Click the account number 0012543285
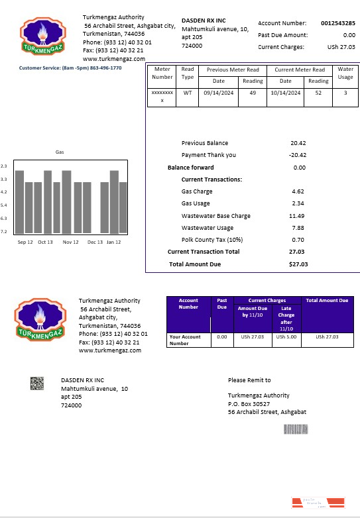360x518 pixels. point(337,23)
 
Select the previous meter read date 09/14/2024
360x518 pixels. point(218,93)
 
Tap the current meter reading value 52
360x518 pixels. point(318,93)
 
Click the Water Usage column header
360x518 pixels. point(345,73)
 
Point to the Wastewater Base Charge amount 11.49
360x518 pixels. point(297,216)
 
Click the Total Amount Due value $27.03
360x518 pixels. point(298,264)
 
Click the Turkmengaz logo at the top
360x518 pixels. point(44,38)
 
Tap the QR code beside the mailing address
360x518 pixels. point(37,382)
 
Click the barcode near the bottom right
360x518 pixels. point(296,429)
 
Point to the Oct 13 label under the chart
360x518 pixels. point(45,242)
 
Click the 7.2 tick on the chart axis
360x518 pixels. point(4,231)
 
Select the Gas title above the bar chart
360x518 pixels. point(60,152)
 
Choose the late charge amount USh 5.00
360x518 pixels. point(286,337)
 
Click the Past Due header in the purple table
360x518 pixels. point(222,303)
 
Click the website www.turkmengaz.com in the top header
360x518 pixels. point(113,59)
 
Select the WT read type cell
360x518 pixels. point(188,93)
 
